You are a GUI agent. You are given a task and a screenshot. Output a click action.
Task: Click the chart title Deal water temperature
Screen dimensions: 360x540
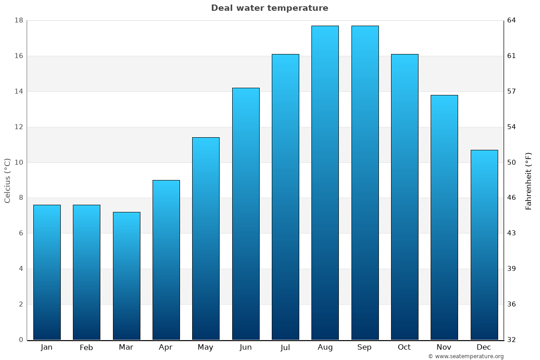tap(270, 8)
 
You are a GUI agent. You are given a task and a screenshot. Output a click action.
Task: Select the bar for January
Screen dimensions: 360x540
tap(47, 272)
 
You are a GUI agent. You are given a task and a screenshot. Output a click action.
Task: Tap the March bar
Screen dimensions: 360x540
tap(126, 276)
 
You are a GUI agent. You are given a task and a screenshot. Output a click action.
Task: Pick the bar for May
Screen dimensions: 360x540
tap(206, 238)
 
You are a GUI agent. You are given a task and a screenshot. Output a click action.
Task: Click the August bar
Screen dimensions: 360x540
tap(325, 183)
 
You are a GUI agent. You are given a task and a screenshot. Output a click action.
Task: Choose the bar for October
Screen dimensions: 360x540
tap(405, 197)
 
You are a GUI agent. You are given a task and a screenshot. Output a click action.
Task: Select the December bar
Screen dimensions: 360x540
tap(484, 245)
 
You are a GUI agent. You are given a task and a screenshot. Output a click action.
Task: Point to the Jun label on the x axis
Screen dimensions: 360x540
tap(246, 347)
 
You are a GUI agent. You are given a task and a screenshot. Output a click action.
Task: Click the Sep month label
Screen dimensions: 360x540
tap(364, 347)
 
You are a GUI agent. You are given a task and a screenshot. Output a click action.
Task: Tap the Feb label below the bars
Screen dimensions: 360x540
tap(86, 347)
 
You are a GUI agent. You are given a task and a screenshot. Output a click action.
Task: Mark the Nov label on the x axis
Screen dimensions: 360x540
tap(444, 347)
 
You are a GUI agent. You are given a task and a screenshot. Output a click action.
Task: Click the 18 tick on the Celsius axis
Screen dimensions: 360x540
tap(18, 20)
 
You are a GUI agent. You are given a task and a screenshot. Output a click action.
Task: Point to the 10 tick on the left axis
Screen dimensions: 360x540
tap(18, 162)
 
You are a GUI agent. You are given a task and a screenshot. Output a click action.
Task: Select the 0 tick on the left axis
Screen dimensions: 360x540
tap(21, 340)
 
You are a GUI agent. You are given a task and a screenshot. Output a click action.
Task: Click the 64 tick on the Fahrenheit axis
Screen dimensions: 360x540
tap(512, 20)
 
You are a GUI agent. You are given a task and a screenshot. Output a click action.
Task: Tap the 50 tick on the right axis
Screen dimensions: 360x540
tap(512, 162)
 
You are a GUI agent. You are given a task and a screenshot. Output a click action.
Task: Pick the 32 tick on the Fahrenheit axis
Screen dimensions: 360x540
tap(512, 340)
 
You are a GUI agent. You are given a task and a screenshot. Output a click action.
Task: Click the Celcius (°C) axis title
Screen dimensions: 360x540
tap(7, 180)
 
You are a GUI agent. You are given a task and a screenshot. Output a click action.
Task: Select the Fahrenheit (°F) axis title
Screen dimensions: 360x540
tap(529, 181)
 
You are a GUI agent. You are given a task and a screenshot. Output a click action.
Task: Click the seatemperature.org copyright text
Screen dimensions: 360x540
tap(466, 356)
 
